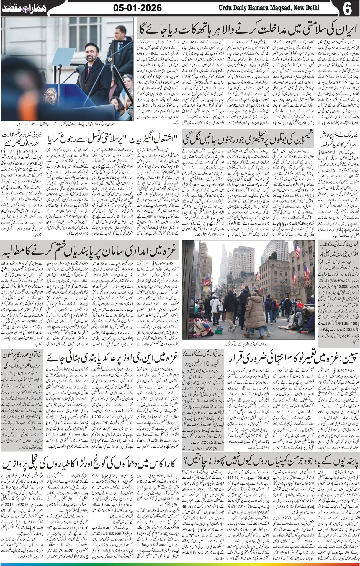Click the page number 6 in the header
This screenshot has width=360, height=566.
point(348,8)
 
